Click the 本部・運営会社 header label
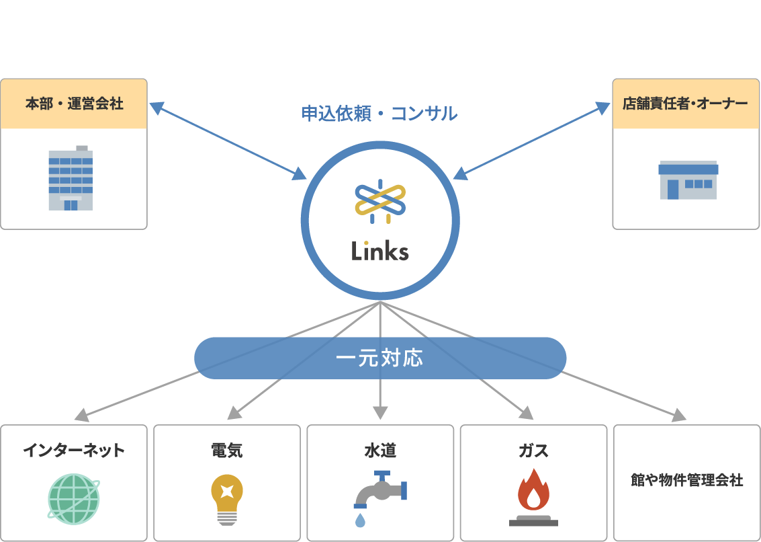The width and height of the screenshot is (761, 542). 74,104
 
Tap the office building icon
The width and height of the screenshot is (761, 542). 71,178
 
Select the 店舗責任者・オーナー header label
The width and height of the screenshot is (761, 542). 686,104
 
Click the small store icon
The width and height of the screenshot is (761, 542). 688,180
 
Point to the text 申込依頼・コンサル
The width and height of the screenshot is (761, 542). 379,114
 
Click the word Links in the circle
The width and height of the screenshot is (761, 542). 379,251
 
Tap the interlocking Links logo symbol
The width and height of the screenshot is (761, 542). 380,201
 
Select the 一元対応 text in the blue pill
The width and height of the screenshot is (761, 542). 379,358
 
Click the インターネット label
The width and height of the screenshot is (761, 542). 74,450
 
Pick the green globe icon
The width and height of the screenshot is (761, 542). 73,498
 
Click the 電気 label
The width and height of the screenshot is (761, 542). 226,450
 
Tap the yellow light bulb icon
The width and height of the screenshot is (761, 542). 226,498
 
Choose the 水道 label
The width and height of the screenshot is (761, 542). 380,450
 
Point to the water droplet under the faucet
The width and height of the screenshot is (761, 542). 361,520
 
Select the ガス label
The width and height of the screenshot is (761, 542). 533,450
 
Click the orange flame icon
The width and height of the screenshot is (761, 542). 533,491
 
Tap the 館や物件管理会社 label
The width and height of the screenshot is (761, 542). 686,480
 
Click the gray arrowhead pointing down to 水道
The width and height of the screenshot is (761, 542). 380,412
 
